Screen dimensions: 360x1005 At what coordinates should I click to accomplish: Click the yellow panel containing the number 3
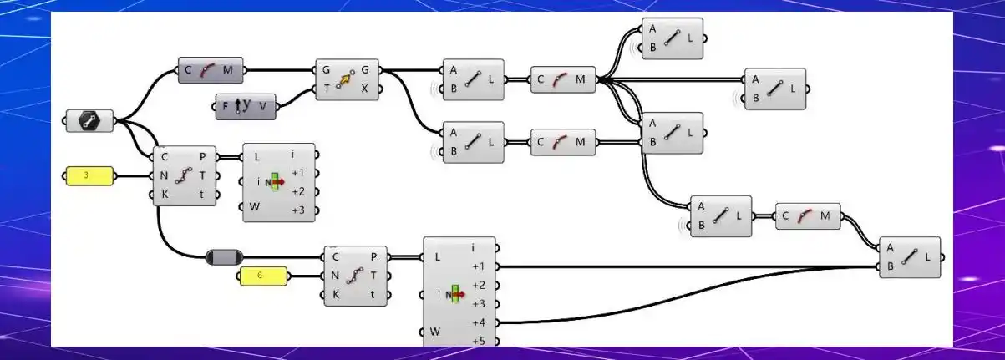(x=87, y=175)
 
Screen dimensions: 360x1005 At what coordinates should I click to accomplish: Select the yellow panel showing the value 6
(x=261, y=276)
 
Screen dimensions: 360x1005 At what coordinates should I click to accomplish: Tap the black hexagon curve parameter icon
(x=88, y=121)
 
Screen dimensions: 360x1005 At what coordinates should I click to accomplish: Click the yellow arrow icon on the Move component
(x=344, y=80)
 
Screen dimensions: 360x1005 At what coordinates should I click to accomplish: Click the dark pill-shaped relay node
(x=223, y=256)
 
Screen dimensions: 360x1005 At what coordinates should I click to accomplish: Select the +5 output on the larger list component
(x=480, y=341)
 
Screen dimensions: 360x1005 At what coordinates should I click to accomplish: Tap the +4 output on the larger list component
(x=480, y=322)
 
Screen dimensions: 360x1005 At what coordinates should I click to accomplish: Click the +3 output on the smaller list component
(x=298, y=210)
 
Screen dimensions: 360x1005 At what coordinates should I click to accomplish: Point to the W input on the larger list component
(x=435, y=332)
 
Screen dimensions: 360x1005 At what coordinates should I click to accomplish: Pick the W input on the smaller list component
(x=255, y=206)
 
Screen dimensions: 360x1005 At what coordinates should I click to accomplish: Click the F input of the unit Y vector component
(x=224, y=106)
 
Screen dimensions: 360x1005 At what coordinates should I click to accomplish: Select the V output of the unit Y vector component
(x=264, y=106)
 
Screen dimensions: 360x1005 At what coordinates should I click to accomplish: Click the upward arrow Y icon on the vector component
(x=244, y=105)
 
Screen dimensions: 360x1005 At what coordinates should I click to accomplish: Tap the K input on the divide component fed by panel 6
(x=335, y=294)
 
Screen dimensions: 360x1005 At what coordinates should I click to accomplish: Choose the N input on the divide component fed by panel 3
(x=165, y=175)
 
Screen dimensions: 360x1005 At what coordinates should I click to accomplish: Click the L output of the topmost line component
(x=691, y=38)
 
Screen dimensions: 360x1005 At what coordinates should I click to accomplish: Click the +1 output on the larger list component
(x=480, y=266)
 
